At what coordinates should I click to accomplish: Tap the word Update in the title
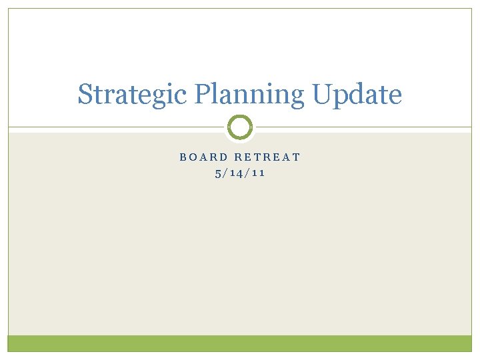click(x=357, y=95)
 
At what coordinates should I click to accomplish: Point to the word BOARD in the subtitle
click(x=202, y=157)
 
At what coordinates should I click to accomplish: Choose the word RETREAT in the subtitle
click(x=266, y=157)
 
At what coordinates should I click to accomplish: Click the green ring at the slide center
click(x=240, y=127)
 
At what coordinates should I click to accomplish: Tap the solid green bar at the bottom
click(x=240, y=343)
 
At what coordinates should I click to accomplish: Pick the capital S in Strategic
click(x=85, y=95)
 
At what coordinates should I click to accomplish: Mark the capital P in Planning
click(x=201, y=94)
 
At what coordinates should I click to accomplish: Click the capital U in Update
click(x=322, y=94)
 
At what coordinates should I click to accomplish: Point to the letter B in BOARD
click(x=183, y=157)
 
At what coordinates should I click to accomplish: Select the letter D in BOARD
click(x=221, y=157)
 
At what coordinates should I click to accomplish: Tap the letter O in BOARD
click(x=193, y=157)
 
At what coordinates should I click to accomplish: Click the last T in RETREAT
click(x=297, y=157)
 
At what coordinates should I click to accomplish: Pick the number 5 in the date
click(x=218, y=173)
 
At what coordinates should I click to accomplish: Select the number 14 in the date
click(x=237, y=173)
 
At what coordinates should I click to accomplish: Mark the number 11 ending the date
click(x=258, y=173)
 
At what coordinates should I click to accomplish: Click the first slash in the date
click(x=226, y=173)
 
